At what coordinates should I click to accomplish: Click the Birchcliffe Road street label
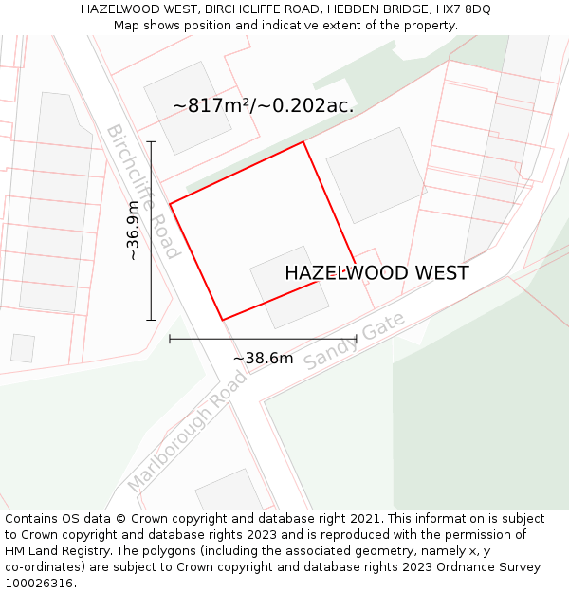143,191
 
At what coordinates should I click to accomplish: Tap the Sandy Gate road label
355,342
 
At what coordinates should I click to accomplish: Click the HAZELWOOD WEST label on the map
376,273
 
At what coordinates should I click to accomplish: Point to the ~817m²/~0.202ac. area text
263,105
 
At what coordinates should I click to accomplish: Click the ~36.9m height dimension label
134,231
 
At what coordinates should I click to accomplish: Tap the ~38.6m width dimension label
263,358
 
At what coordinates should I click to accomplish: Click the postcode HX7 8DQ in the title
464,9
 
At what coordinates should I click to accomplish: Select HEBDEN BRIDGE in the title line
381,9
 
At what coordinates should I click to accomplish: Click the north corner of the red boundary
303,142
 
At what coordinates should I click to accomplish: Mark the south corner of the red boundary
222,320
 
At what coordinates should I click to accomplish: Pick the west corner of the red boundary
170,204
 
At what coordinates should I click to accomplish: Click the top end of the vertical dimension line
151,141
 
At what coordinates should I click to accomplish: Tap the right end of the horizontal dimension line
356,339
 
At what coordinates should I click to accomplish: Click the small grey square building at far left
23,348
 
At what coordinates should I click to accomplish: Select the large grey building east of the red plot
376,176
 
